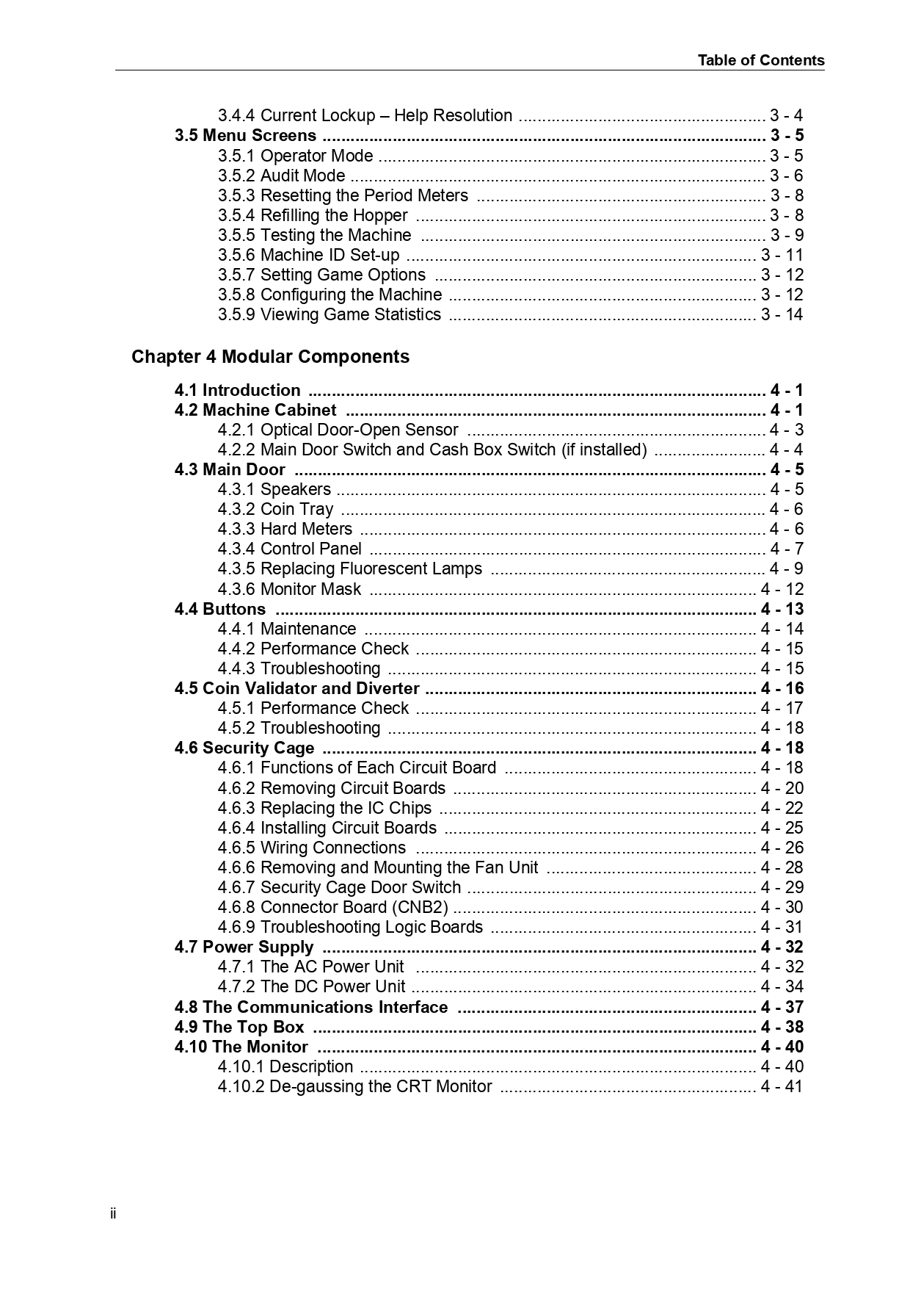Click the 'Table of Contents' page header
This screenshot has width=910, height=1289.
point(760,60)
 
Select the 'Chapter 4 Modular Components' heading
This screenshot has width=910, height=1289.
point(270,357)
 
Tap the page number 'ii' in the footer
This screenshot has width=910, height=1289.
point(113,1213)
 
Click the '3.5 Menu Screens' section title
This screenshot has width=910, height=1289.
point(245,136)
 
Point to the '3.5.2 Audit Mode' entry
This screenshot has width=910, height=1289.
point(281,176)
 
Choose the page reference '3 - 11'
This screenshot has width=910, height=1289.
point(782,255)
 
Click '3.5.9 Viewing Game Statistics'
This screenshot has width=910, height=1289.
point(329,314)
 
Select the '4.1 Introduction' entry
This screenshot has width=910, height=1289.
point(237,391)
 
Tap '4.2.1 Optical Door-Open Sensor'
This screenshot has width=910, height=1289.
point(338,430)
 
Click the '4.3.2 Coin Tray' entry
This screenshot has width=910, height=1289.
point(275,509)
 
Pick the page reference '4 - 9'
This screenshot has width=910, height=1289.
point(786,568)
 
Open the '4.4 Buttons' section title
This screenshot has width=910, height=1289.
point(219,609)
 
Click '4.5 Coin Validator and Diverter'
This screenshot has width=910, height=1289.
point(296,688)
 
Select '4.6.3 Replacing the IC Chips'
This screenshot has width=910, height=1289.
point(324,808)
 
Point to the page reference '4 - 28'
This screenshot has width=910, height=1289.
point(782,867)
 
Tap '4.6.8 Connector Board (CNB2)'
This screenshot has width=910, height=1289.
point(332,907)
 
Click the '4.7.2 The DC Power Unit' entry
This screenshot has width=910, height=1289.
point(311,986)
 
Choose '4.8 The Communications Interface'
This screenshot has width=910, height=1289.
point(310,1007)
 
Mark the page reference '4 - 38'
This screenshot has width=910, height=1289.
point(782,1027)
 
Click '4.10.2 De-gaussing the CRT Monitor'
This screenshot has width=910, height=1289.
point(354,1086)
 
